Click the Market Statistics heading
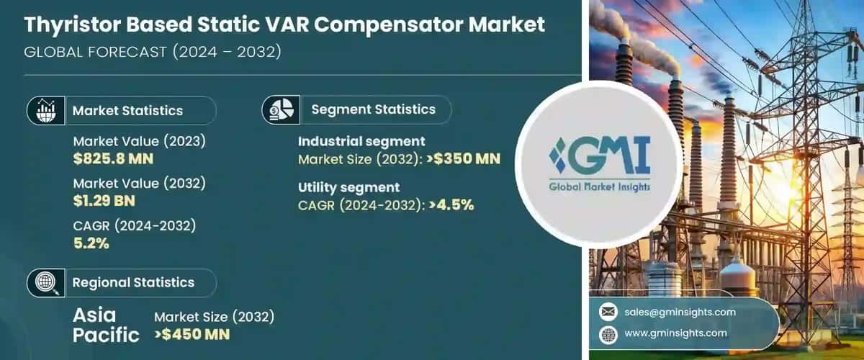pyautogui.click(x=127, y=110)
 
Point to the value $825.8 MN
pyautogui.click(x=113, y=158)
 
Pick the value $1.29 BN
pyautogui.click(x=104, y=200)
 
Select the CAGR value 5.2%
pyautogui.click(x=91, y=243)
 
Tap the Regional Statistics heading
pyautogui.click(x=133, y=282)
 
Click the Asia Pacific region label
pyautogui.click(x=107, y=325)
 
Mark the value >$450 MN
pyautogui.click(x=192, y=334)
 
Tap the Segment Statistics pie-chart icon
pyautogui.click(x=279, y=109)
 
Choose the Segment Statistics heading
pyautogui.click(x=373, y=109)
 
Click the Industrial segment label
pyautogui.click(x=361, y=141)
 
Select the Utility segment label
pyautogui.click(x=348, y=187)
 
